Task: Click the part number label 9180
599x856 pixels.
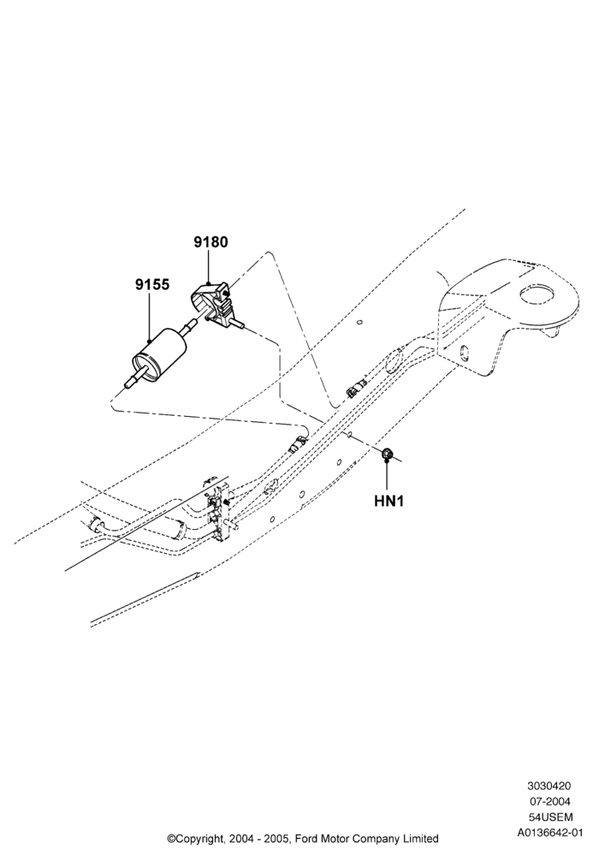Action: (211, 242)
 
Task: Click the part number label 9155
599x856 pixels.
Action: (152, 284)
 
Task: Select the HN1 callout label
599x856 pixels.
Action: (389, 501)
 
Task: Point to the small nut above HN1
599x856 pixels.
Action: (388, 453)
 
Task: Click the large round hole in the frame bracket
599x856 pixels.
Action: (537, 294)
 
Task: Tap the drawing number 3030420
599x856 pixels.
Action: (549, 786)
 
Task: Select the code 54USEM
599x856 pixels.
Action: (550, 817)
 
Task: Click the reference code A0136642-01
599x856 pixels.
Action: (550, 833)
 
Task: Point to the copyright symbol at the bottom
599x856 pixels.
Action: (171, 838)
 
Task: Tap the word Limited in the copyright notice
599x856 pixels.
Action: (420, 838)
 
